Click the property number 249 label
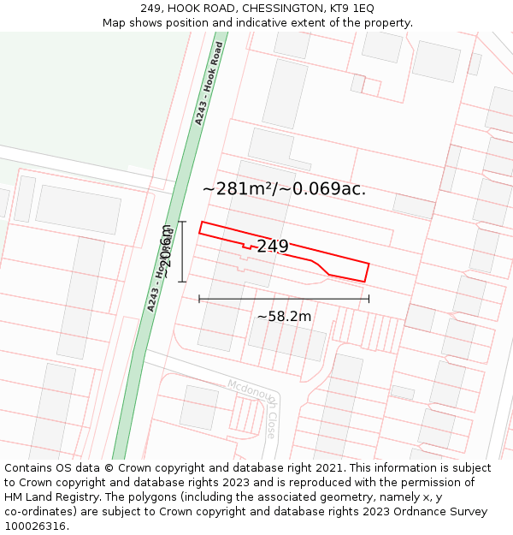point(272,247)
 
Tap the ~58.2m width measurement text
point(284,316)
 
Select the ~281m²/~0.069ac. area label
point(284,189)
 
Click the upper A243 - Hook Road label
point(209,84)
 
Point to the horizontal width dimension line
point(284,299)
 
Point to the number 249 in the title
point(150,9)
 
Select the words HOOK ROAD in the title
point(196,9)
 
